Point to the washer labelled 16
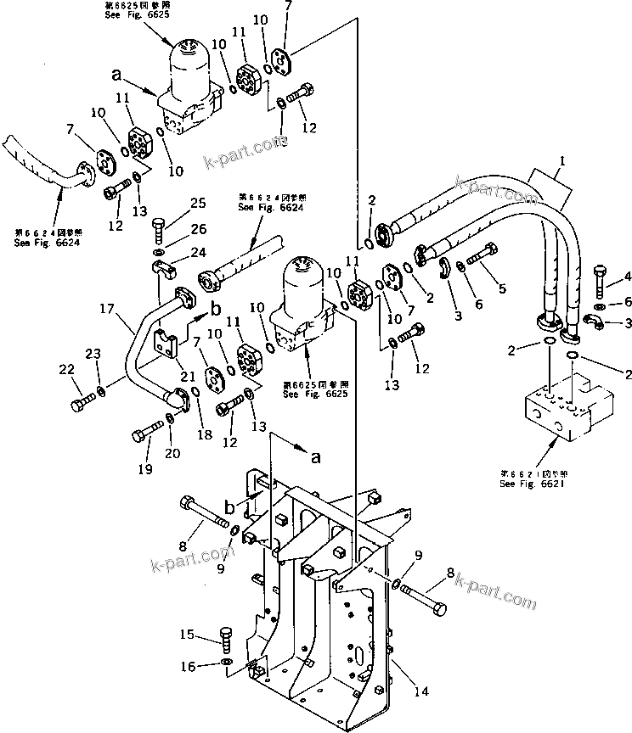click(224, 662)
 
